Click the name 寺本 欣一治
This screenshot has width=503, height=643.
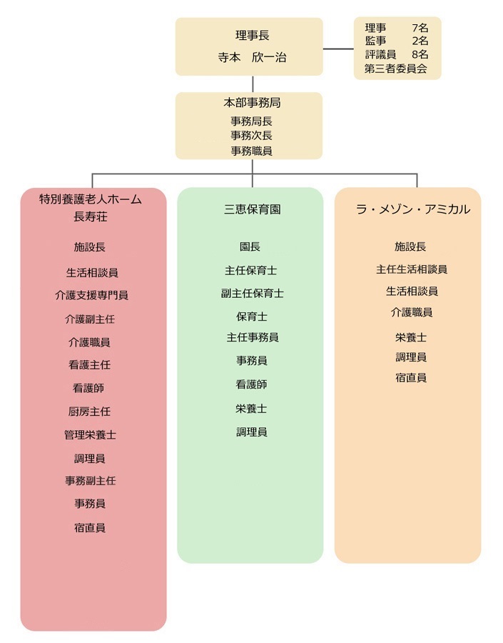(252, 57)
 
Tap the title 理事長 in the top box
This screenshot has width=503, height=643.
(253, 36)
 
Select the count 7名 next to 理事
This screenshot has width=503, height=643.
(420, 28)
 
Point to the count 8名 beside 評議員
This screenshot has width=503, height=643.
(420, 54)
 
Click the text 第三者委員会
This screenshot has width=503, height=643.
(396, 69)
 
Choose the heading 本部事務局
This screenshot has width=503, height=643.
(252, 103)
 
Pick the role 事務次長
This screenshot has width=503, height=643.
(251, 136)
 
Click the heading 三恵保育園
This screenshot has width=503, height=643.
(253, 209)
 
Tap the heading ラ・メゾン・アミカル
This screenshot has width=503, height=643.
(413, 209)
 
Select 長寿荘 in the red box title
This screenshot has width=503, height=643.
(90, 216)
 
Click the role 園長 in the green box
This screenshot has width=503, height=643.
(250, 247)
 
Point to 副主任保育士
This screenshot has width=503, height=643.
(253, 294)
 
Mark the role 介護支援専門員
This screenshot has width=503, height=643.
(92, 295)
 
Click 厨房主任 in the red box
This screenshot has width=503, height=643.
(89, 412)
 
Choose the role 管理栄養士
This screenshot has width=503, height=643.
(90, 435)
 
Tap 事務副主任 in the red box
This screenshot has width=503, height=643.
(90, 481)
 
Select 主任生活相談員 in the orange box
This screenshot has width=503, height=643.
(412, 269)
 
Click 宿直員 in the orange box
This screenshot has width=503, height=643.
(411, 378)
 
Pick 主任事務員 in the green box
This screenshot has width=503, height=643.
(253, 337)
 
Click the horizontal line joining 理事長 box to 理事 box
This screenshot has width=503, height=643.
(338, 49)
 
